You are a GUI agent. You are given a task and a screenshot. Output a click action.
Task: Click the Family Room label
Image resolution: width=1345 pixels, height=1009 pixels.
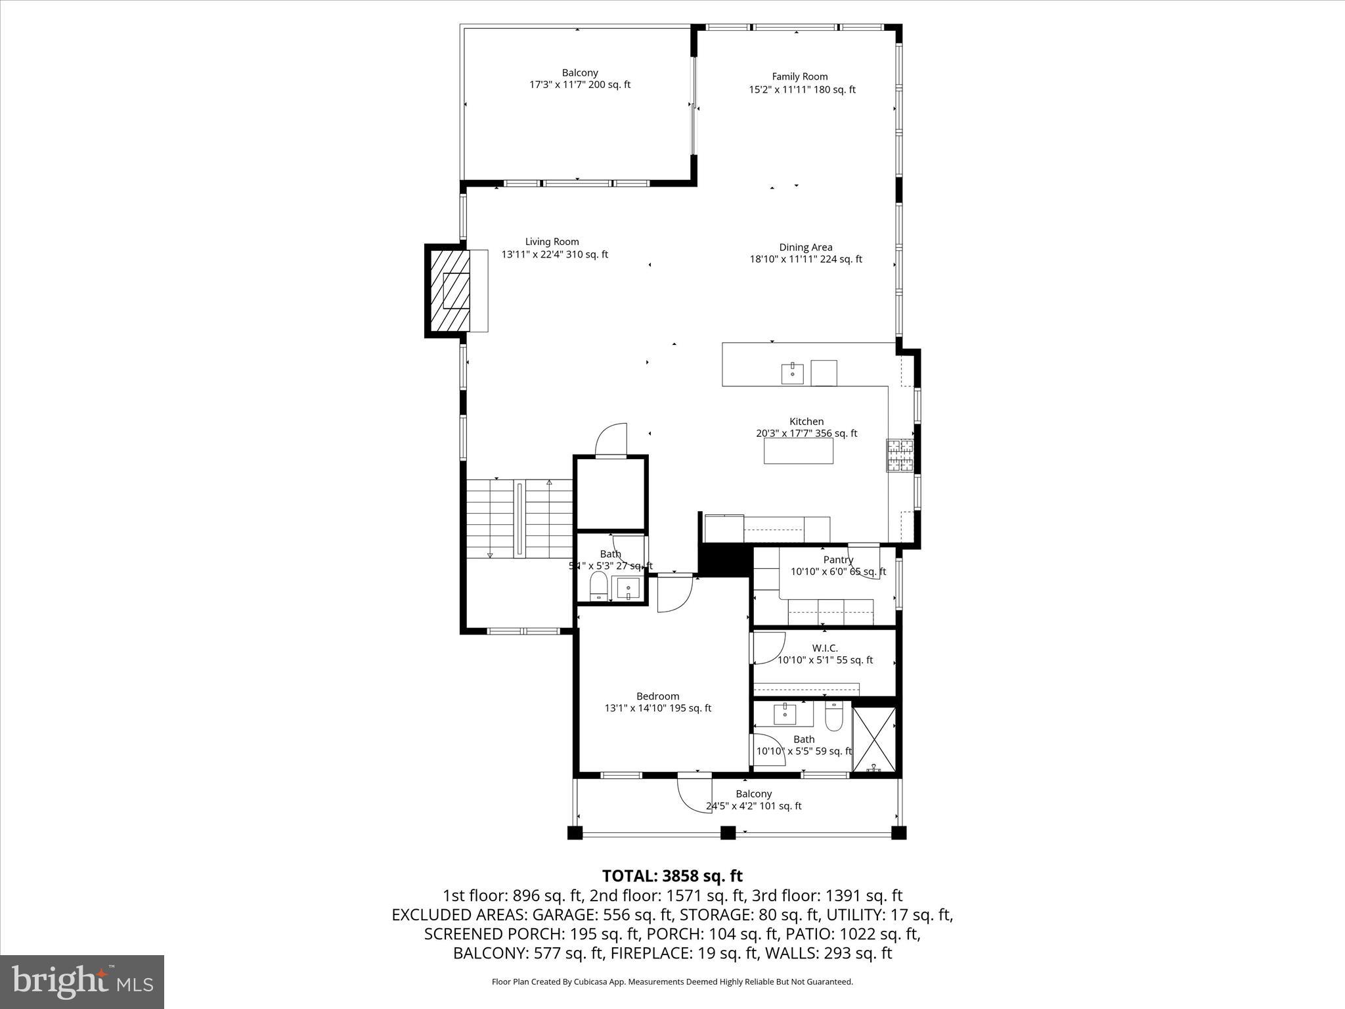tap(799, 77)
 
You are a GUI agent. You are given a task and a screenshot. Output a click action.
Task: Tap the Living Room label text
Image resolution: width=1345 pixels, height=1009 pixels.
tap(552, 242)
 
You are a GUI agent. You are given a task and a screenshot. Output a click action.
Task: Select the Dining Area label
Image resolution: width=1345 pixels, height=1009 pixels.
tap(805, 248)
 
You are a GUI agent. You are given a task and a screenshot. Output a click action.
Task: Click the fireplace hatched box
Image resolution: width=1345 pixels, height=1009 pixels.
tap(450, 291)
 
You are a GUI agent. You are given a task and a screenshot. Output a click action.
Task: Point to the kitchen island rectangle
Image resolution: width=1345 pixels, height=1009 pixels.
tap(798, 451)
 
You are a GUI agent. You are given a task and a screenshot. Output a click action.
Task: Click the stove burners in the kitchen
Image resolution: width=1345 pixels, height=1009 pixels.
tap(900, 455)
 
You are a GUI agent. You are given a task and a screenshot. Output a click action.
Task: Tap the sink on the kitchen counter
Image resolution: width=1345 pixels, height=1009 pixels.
tap(793, 373)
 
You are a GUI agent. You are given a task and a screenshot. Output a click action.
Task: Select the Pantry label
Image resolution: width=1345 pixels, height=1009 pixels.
tap(838, 560)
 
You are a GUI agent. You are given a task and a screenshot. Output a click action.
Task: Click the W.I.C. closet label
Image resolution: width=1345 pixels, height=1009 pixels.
tap(824, 648)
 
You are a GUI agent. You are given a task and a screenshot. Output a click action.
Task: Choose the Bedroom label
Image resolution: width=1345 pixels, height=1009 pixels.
tap(657, 696)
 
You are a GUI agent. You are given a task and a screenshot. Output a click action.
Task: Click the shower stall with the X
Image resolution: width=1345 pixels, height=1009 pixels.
tap(874, 739)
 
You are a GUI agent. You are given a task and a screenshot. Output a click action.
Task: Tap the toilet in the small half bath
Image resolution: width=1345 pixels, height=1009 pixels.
tap(598, 585)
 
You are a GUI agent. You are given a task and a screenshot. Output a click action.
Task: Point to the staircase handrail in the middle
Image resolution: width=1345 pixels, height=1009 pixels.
tap(520, 519)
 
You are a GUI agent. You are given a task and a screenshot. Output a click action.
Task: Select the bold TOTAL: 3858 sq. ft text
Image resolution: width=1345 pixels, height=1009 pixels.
tap(672, 876)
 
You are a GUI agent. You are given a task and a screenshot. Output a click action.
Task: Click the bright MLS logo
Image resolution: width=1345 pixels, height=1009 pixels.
tap(82, 981)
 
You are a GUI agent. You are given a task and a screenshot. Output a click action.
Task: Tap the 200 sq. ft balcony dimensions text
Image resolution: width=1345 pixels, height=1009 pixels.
tap(579, 85)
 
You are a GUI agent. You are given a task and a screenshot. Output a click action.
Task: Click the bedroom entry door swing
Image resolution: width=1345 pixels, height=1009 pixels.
tap(675, 593)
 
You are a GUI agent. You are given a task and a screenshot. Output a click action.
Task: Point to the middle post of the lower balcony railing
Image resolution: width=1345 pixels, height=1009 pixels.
tap(728, 833)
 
